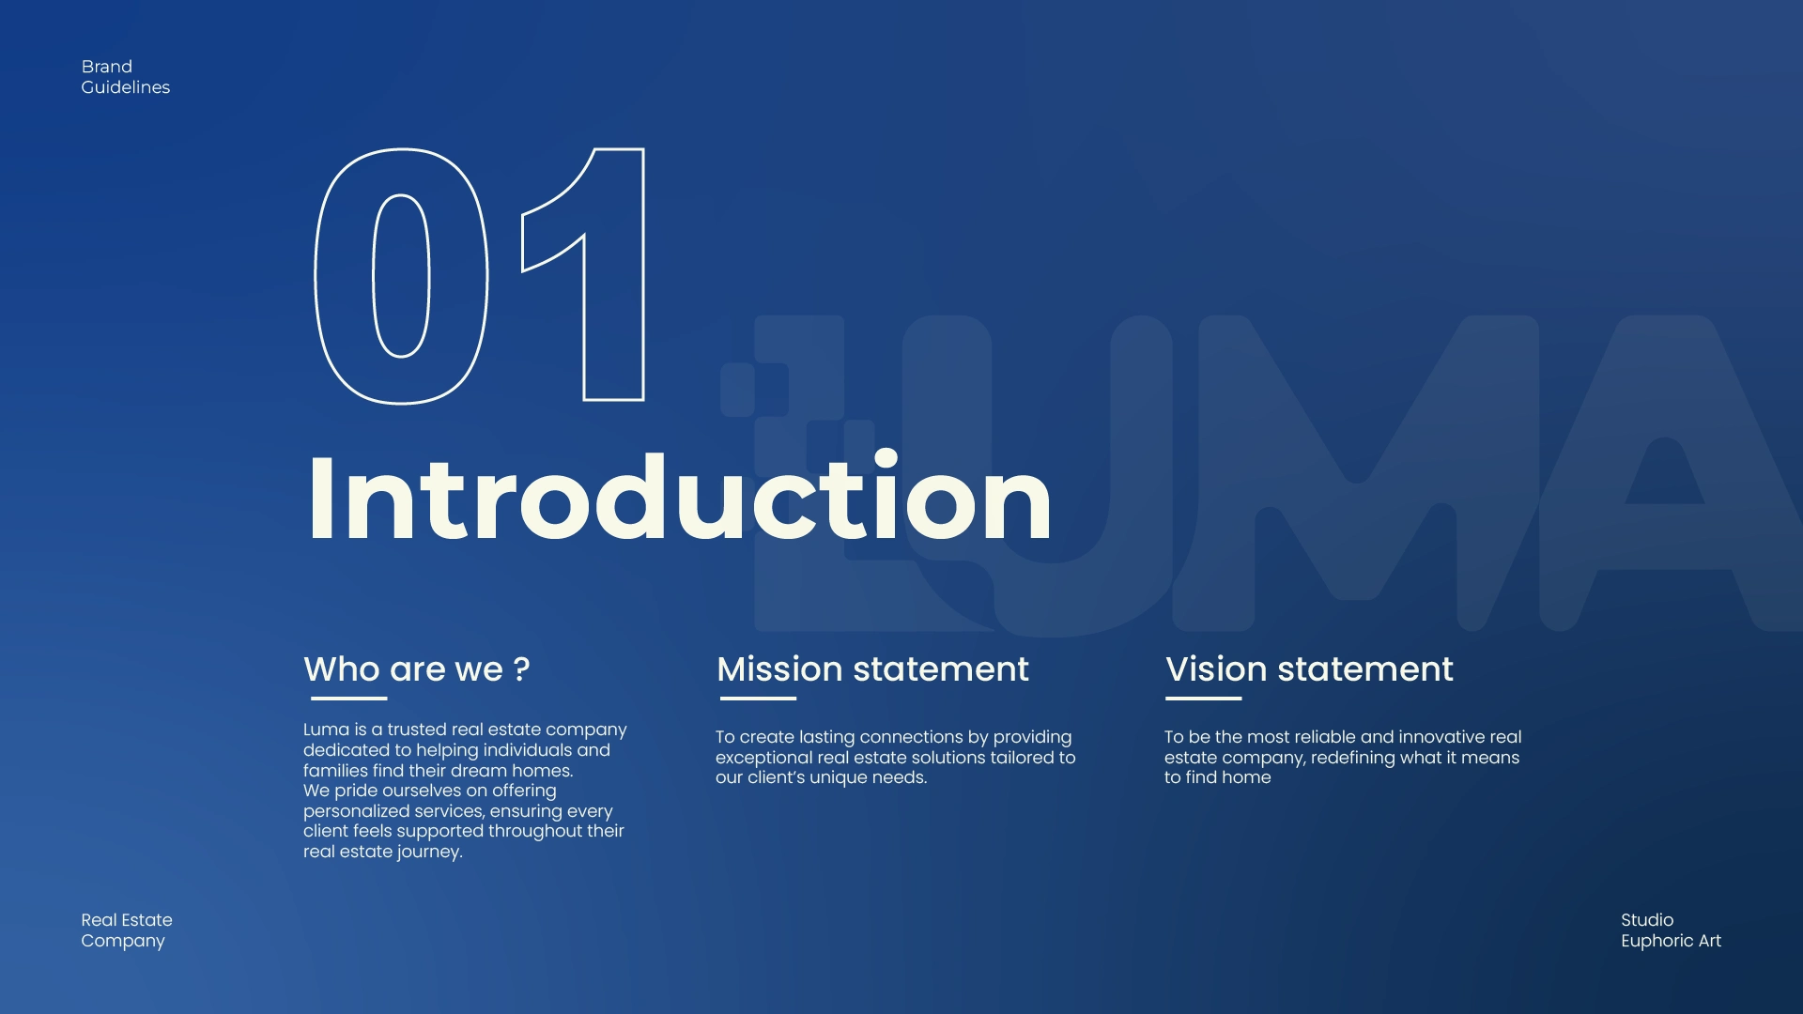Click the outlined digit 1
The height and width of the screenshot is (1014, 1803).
pyautogui.click(x=614, y=282)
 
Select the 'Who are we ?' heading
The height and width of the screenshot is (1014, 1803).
pyautogui.click(x=417, y=669)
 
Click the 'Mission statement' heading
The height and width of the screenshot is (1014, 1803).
pyautogui.click(x=872, y=669)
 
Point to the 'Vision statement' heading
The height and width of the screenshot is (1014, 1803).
pyautogui.click(x=1309, y=669)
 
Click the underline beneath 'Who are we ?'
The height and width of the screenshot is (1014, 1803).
pyautogui.click(x=348, y=699)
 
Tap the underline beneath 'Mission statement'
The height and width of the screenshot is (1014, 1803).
pyautogui.click(x=758, y=699)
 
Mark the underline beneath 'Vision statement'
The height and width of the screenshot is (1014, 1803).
pyautogui.click(x=1203, y=699)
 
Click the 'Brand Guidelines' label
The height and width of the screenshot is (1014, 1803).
pyautogui.click(x=126, y=77)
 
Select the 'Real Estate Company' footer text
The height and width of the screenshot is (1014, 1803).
pyautogui.click(x=127, y=930)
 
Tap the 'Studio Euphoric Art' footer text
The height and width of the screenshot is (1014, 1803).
pyautogui.click(x=1671, y=930)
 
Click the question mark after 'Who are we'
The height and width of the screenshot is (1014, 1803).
pyautogui.click(x=522, y=669)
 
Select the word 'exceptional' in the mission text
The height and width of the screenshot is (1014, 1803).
pyautogui.click(x=763, y=758)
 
